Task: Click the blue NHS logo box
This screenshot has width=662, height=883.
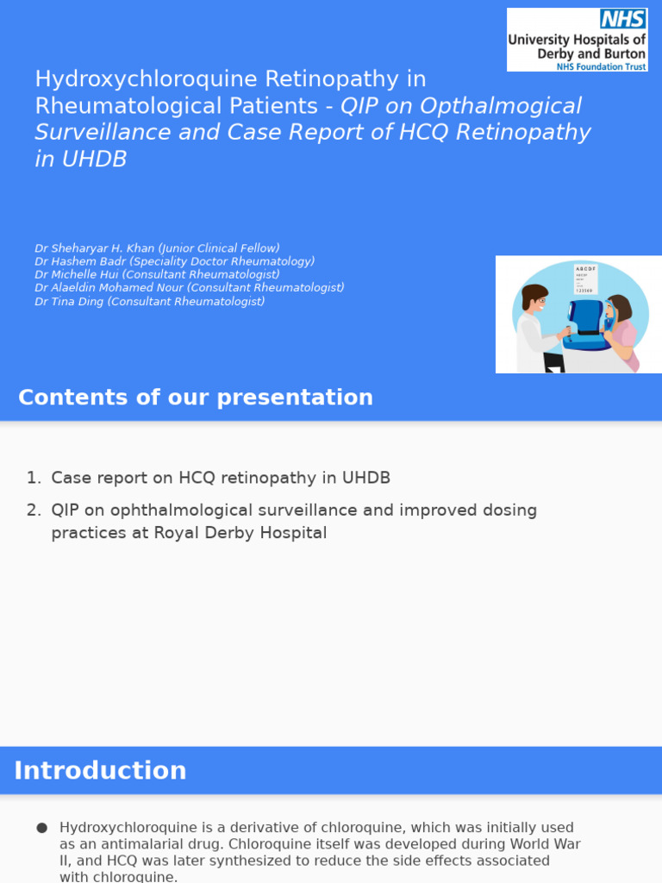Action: [622, 20]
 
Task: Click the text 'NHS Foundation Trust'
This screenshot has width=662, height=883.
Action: [601, 66]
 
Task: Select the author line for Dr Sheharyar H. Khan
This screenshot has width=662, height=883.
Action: [157, 248]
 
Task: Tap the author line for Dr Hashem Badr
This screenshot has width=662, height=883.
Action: [174, 261]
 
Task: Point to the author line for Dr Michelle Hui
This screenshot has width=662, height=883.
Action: [157, 274]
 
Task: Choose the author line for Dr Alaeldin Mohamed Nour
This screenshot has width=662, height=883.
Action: [189, 287]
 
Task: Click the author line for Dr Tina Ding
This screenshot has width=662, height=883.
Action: [149, 301]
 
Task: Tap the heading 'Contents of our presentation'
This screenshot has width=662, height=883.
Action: [196, 398]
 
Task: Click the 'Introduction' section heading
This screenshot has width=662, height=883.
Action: [100, 770]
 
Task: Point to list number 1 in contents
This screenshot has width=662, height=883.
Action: [33, 478]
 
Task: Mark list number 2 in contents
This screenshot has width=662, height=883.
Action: [33, 510]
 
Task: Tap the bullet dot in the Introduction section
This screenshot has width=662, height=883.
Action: [41, 828]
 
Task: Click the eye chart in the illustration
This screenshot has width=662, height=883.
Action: [585, 279]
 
